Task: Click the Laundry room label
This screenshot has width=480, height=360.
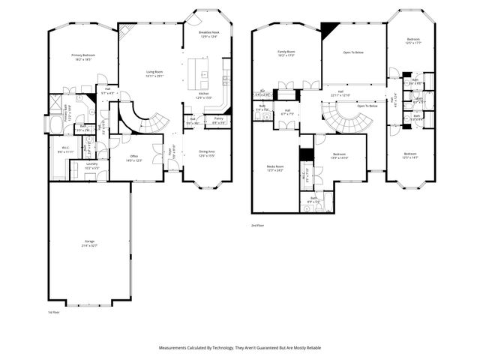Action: click(x=91, y=166)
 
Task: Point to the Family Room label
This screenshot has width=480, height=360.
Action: click(x=286, y=53)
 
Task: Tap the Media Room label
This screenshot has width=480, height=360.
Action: click(x=275, y=168)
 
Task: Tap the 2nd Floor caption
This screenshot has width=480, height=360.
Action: click(x=259, y=225)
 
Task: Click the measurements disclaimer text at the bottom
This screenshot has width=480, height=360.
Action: click(x=240, y=348)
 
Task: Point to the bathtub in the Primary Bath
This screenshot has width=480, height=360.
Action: click(x=56, y=124)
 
